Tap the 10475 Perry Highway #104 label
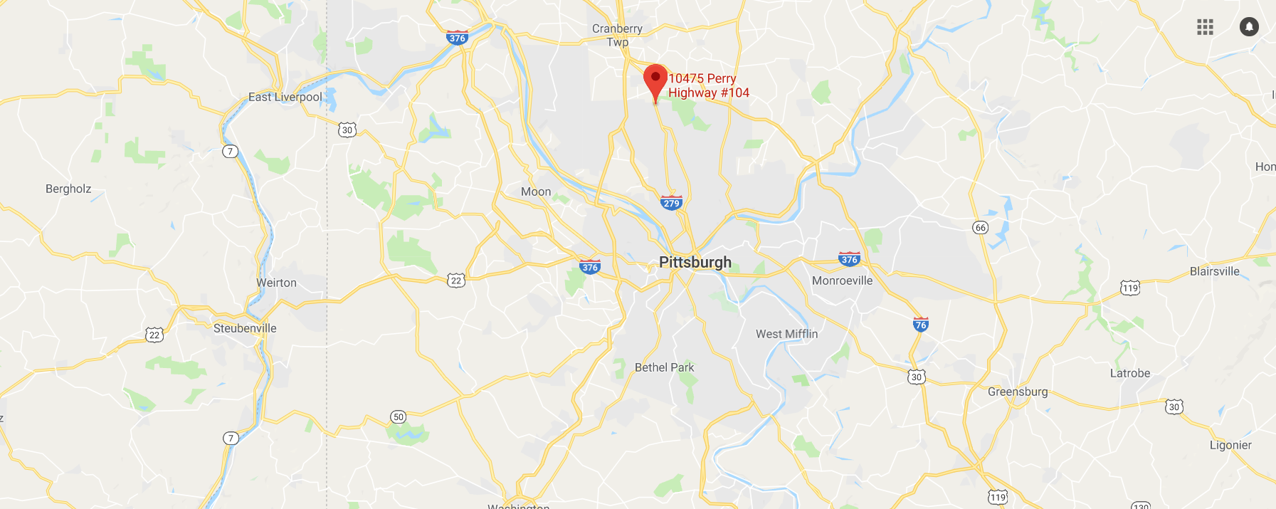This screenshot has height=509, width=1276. click(x=708, y=85)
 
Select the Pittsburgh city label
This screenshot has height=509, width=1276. click(x=695, y=262)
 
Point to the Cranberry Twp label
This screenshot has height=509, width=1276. click(x=617, y=35)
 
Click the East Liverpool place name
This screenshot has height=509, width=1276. click(x=285, y=97)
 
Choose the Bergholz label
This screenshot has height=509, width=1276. click(x=68, y=189)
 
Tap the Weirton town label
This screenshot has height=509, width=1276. click(x=276, y=283)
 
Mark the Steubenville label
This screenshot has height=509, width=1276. click(x=245, y=328)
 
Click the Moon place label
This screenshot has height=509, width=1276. click(x=536, y=191)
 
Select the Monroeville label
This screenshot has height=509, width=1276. click(x=842, y=280)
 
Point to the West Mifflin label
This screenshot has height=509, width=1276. click(x=786, y=334)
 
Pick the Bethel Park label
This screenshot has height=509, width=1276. click(x=664, y=367)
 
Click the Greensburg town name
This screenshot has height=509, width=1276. click(x=1018, y=392)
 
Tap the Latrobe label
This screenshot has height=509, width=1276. click(x=1130, y=373)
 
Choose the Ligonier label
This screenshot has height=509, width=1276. click(x=1230, y=445)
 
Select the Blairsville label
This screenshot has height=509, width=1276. click(x=1215, y=271)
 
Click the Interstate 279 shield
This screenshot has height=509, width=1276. click(x=671, y=203)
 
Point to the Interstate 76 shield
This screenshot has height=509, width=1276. click(x=920, y=325)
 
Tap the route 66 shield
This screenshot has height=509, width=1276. click(x=980, y=228)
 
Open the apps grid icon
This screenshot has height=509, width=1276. click(x=1205, y=27)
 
